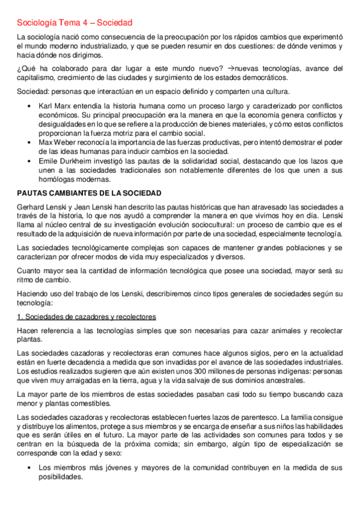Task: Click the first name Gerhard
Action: coord(31,207)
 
